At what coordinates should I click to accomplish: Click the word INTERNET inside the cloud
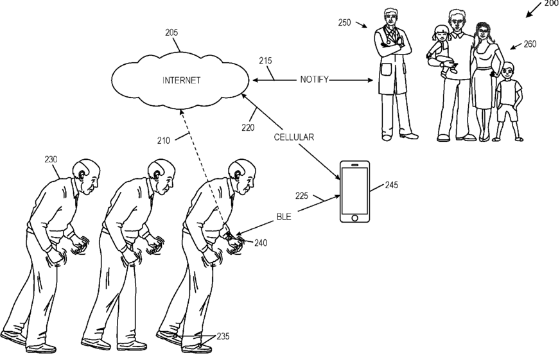(x=182, y=80)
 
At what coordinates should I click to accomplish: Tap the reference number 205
(x=171, y=32)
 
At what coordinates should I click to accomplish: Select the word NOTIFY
(x=315, y=80)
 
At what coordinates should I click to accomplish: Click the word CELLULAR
(x=293, y=137)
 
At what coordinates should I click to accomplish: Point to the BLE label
(x=283, y=218)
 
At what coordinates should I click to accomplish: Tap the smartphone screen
(x=355, y=190)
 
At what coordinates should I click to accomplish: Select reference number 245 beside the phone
(x=392, y=185)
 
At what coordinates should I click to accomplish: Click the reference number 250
(x=344, y=22)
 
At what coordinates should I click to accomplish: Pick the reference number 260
(x=530, y=44)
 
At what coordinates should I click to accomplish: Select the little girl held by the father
(x=441, y=48)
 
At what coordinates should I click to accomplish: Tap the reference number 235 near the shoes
(x=222, y=336)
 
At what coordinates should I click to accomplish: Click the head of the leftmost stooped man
(x=89, y=173)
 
